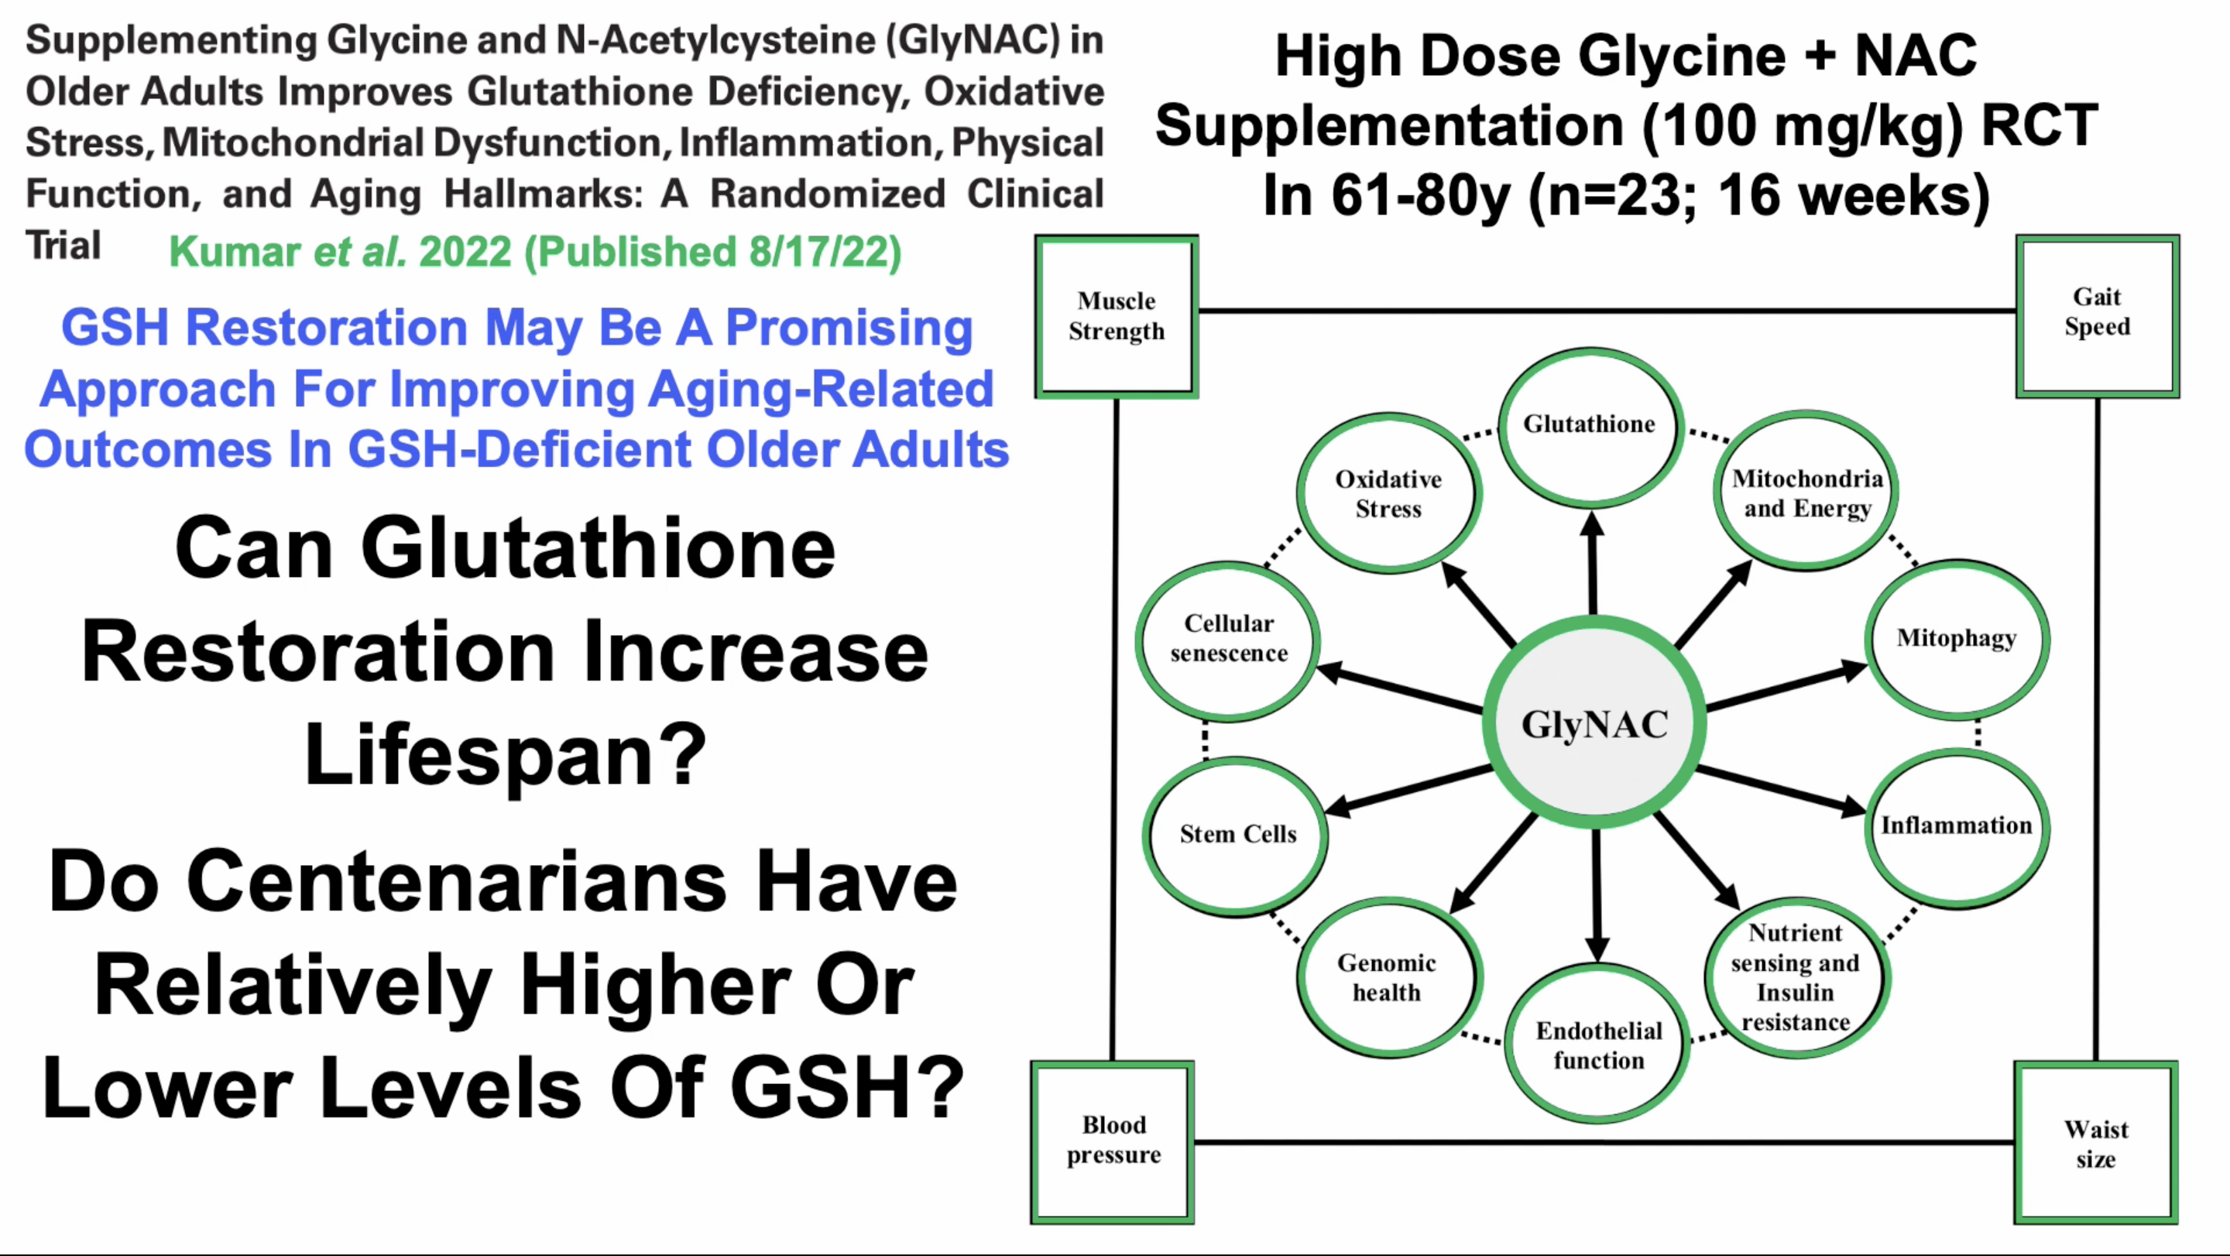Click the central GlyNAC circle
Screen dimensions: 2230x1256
[x=1594, y=722]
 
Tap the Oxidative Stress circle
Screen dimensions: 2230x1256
[x=1388, y=493]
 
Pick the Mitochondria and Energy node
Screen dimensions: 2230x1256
[x=1806, y=492]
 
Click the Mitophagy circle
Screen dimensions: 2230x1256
[x=1957, y=640]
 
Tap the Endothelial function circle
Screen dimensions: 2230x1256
[x=1598, y=1044]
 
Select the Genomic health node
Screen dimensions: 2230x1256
[x=1388, y=978]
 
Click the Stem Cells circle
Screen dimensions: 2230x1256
[x=1237, y=836]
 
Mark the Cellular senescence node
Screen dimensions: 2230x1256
[x=1227, y=640]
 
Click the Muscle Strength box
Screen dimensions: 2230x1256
[x=1116, y=317]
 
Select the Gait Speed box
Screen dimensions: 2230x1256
[x=2097, y=315]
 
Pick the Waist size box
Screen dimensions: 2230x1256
[x=2096, y=1143]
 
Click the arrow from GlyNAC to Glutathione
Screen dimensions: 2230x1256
[x=1592, y=563]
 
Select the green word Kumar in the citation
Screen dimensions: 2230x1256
[x=235, y=252]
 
